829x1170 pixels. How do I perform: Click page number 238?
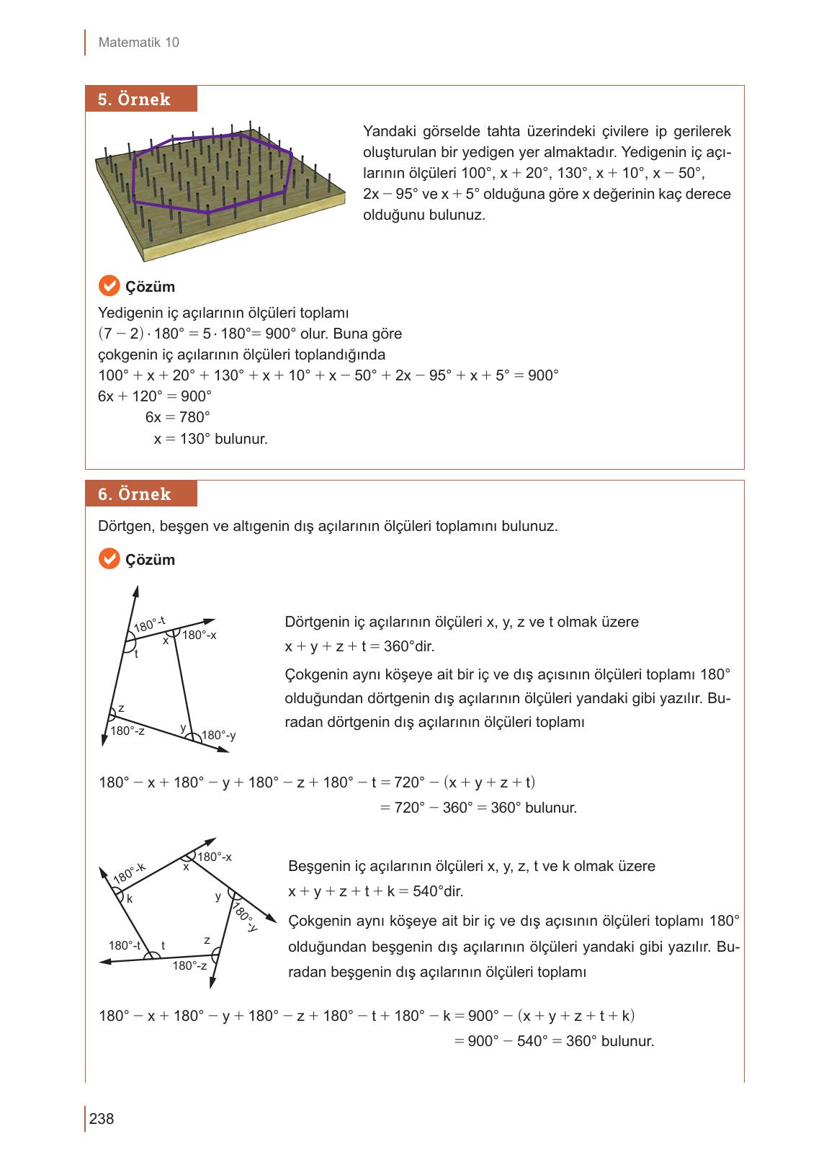pos(102,1119)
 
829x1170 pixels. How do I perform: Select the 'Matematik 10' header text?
pos(138,43)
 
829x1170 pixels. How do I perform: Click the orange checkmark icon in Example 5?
pos(108,286)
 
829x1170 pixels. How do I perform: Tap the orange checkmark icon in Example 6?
pos(108,559)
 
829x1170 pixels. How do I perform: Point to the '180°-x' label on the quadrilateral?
pos(200,635)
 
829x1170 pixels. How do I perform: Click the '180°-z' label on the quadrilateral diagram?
pos(127,731)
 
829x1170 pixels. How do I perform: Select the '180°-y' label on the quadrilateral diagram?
pos(219,736)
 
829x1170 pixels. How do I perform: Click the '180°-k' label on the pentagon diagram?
pos(130,872)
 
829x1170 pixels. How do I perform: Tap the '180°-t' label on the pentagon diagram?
pos(124,945)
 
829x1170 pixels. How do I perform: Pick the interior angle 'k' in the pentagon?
pos(130,899)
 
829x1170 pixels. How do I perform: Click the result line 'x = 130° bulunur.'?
pos(210,438)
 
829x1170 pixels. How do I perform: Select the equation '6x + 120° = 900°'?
pos(155,396)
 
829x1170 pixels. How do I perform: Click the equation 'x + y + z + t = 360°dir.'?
pos(359,646)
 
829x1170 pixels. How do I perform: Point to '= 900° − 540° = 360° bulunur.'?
pos(554,1041)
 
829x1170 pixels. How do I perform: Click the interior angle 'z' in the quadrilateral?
pos(121,708)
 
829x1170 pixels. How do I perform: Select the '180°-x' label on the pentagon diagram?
pos(215,857)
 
